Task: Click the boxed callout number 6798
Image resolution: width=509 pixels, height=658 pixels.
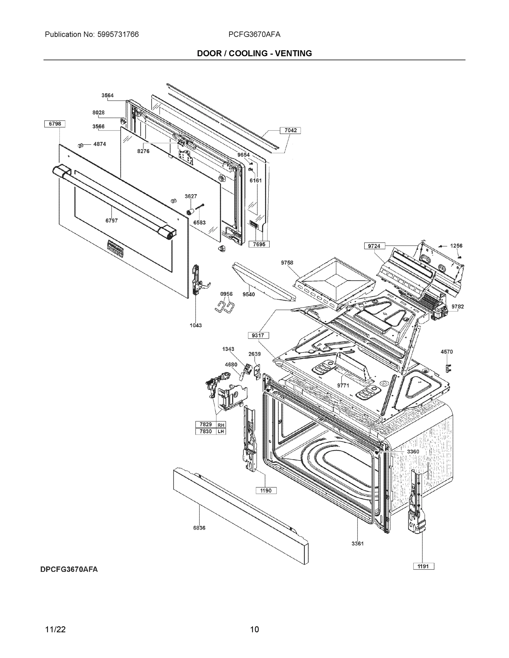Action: (x=55, y=124)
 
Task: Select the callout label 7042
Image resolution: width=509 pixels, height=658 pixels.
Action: (x=290, y=130)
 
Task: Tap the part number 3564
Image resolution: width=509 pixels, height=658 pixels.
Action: (x=107, y=95)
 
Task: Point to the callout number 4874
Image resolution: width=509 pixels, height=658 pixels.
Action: (x=100, y=144)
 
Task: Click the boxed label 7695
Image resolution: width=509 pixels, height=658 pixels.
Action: (x=259, y=244)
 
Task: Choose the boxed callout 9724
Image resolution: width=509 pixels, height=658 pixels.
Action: (x=374, y=246)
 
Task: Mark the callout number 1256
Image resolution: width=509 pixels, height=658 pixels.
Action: (x=456, y=246)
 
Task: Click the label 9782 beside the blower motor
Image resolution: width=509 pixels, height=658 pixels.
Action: (x=457, y=307)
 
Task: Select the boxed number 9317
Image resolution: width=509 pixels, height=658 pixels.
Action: (x=258, y=335)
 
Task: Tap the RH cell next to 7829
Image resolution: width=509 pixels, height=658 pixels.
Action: (x=221, y=425)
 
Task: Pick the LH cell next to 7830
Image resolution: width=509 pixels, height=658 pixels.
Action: (x=221, y=432)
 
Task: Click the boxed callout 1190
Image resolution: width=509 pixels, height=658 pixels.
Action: (x=266, y=490)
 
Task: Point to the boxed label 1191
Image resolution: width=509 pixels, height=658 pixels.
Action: (x=423, y=566)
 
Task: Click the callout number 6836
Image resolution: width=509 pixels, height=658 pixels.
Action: (x=199, y=528)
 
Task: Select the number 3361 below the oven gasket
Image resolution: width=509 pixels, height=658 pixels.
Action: (x=358, y=544)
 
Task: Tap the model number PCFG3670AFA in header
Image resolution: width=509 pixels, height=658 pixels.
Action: (x=254, y=35)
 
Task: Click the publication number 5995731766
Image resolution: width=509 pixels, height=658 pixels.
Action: (x=118, y=35)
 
